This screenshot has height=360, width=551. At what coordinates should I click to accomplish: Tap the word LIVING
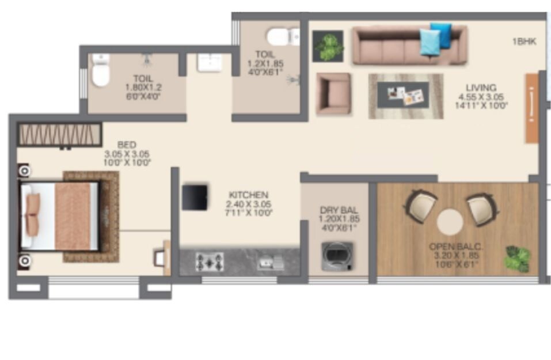click(481, 88)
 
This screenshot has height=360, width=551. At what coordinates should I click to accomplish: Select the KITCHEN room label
click(248, 195)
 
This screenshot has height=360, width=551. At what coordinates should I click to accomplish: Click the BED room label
click(127, 145)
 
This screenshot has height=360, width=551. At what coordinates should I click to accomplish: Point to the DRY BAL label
click(335, 210)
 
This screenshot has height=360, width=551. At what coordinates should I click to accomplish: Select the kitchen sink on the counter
click(269, 262)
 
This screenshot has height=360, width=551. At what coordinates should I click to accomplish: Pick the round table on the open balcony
click(450, 221)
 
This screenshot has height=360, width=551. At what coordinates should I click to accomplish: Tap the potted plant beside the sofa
click(328, 46)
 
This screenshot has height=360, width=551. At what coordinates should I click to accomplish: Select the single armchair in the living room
click(333, 93)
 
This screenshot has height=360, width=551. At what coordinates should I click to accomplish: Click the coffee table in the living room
click(406, 96)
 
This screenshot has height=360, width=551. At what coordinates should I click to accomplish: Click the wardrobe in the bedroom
click(60, 134)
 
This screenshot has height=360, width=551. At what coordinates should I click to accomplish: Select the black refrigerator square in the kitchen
click(195, 198)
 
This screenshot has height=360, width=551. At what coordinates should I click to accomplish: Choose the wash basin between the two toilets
click(209, 62)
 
